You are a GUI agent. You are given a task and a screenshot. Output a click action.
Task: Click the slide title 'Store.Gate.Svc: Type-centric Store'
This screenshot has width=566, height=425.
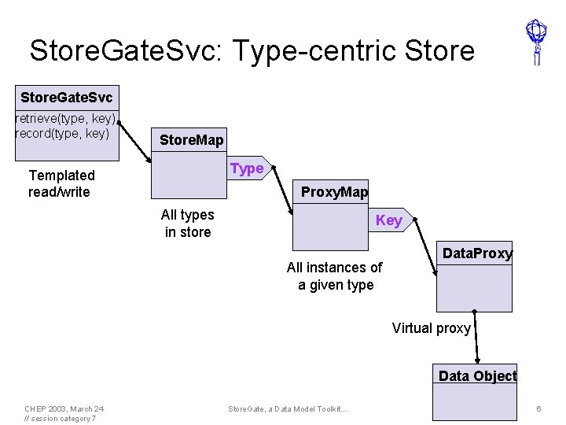[252, 50]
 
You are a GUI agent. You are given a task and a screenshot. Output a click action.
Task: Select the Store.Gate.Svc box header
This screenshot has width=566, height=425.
[66, 98]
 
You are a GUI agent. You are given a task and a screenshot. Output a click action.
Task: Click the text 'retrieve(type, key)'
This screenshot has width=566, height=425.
[66, 119]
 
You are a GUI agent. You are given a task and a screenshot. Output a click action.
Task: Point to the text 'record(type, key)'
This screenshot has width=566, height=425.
[62, 133]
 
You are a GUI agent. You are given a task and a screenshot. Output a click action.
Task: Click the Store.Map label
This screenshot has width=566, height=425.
[191, 140]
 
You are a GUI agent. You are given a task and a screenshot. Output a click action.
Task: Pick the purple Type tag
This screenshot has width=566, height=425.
[248, 168]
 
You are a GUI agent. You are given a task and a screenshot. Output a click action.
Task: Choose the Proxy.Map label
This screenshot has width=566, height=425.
[334, 192]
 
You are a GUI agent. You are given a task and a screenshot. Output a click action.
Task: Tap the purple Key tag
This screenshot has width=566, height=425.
[389, 220]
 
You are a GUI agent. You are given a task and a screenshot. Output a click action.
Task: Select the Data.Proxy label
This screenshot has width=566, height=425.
[477, 253]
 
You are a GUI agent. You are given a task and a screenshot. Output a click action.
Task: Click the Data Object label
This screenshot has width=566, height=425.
[477, 376]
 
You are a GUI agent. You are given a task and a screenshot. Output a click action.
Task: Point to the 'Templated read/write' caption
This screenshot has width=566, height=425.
[61, 183]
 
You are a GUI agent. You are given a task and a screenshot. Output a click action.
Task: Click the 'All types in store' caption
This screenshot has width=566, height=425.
[187, 224]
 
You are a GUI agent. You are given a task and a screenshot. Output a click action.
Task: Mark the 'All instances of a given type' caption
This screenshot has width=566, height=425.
[335, 276]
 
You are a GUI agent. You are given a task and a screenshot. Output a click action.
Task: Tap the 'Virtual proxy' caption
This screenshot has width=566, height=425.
[431, 328]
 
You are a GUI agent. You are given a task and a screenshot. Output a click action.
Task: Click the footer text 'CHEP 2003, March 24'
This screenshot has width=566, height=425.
[64, 409]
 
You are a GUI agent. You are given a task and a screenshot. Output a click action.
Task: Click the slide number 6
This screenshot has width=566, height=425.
[538, 409]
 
